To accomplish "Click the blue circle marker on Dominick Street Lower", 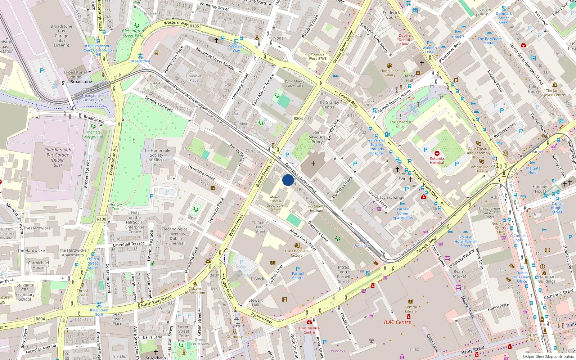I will (288, 180).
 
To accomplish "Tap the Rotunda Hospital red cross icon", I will (437, 153).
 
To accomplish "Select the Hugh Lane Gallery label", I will (389, 73).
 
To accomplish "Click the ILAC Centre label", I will (397, 322).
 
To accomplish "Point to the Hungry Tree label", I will (116, 206).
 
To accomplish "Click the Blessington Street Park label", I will (132, 33).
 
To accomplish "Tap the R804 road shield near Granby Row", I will (298, 118).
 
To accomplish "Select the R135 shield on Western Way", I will (194, 26).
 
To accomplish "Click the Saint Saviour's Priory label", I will (317, 137).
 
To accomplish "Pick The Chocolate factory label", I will (297, 253).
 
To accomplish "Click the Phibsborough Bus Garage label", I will (58, 157).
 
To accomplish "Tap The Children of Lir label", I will (400, 124).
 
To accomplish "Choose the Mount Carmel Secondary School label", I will (275, 203).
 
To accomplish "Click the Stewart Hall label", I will (256, 302).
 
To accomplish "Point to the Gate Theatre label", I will (479, 151).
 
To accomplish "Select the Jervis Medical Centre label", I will (309, 330).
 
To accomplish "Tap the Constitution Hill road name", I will (113, 160).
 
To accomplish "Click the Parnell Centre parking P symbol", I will (298, 269).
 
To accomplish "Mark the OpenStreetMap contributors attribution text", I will (548, 356).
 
